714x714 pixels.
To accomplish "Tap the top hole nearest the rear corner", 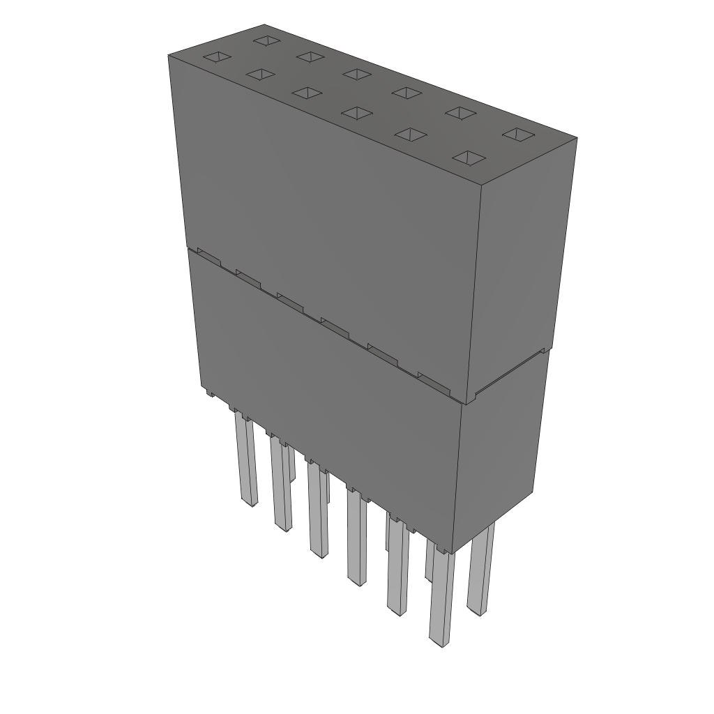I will [x=266, y=40].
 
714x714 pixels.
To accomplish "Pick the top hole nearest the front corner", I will [x=469, y=158].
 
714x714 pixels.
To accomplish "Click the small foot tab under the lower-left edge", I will [x=207, y=392].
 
